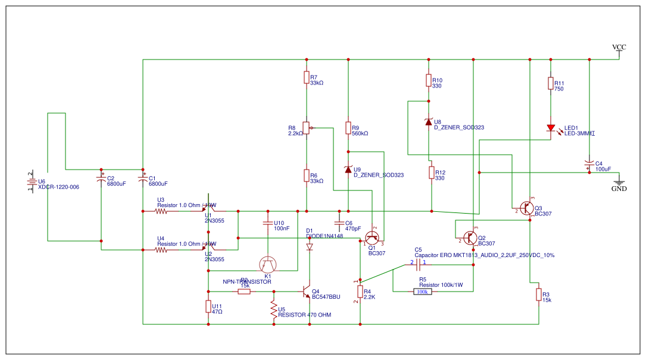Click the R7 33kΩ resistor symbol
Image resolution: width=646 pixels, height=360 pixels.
[306, 78]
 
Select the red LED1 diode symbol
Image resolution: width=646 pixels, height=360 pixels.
[551, 128]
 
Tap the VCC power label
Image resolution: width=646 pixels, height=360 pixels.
[619, 48]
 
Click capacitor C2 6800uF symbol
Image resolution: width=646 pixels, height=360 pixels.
[101, 178]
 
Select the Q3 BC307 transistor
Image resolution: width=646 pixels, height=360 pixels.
[526, 208]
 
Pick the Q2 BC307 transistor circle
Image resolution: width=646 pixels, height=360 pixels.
[471, 237]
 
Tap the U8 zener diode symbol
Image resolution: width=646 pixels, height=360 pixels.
[428, 122]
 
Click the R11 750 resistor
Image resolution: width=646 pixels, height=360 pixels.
[551, 84]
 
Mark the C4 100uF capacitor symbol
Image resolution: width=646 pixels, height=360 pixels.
[589, 163]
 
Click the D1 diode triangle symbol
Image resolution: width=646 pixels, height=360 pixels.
[310, 246]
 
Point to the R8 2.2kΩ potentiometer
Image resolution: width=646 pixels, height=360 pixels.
[306, 127]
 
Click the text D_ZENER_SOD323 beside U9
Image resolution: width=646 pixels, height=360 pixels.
[379, 175]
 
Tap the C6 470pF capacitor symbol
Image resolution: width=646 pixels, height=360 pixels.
[339, 223]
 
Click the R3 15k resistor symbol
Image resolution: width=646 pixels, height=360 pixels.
[538, 295]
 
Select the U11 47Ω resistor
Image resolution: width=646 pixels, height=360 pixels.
[208, 306]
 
